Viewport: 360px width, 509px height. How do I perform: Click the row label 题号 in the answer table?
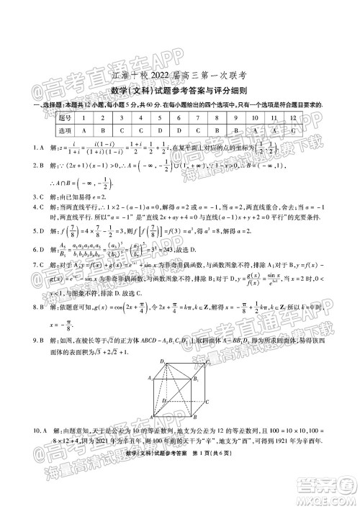click(x=65, y=117)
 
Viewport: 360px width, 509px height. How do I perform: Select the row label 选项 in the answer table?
click(x=65, y=130)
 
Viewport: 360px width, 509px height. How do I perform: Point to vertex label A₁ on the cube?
click(x=150, y=377)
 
